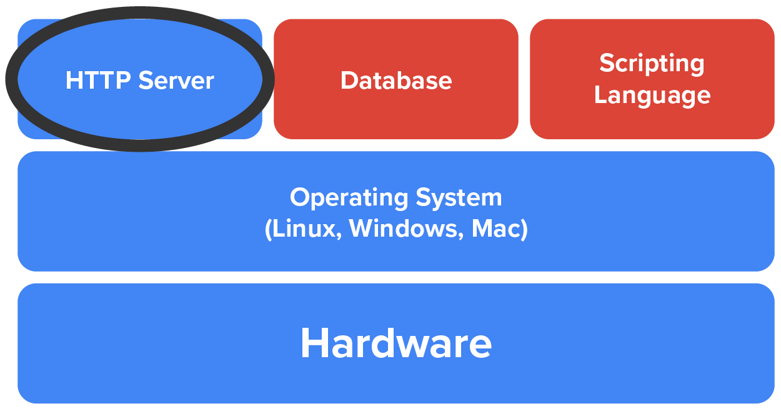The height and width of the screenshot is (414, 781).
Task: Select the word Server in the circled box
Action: click(x=176, y=81)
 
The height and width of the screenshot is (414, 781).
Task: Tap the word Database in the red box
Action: click(x=396, y=81)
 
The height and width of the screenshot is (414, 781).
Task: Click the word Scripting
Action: click(x=652, y=64)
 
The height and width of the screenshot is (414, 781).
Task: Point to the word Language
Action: click(x=652, y=96)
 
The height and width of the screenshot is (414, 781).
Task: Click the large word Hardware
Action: click(x=396, y=343)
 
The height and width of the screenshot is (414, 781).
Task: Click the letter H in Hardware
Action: click(x=314, y=343)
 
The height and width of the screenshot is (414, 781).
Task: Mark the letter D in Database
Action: click(x=349, y=81)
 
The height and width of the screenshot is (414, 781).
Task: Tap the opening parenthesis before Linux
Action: click(x=268, y=229)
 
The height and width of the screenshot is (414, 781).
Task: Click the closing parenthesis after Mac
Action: click(x=524, y=229)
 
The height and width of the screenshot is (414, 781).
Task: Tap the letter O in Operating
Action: click(x=300, y=198)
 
